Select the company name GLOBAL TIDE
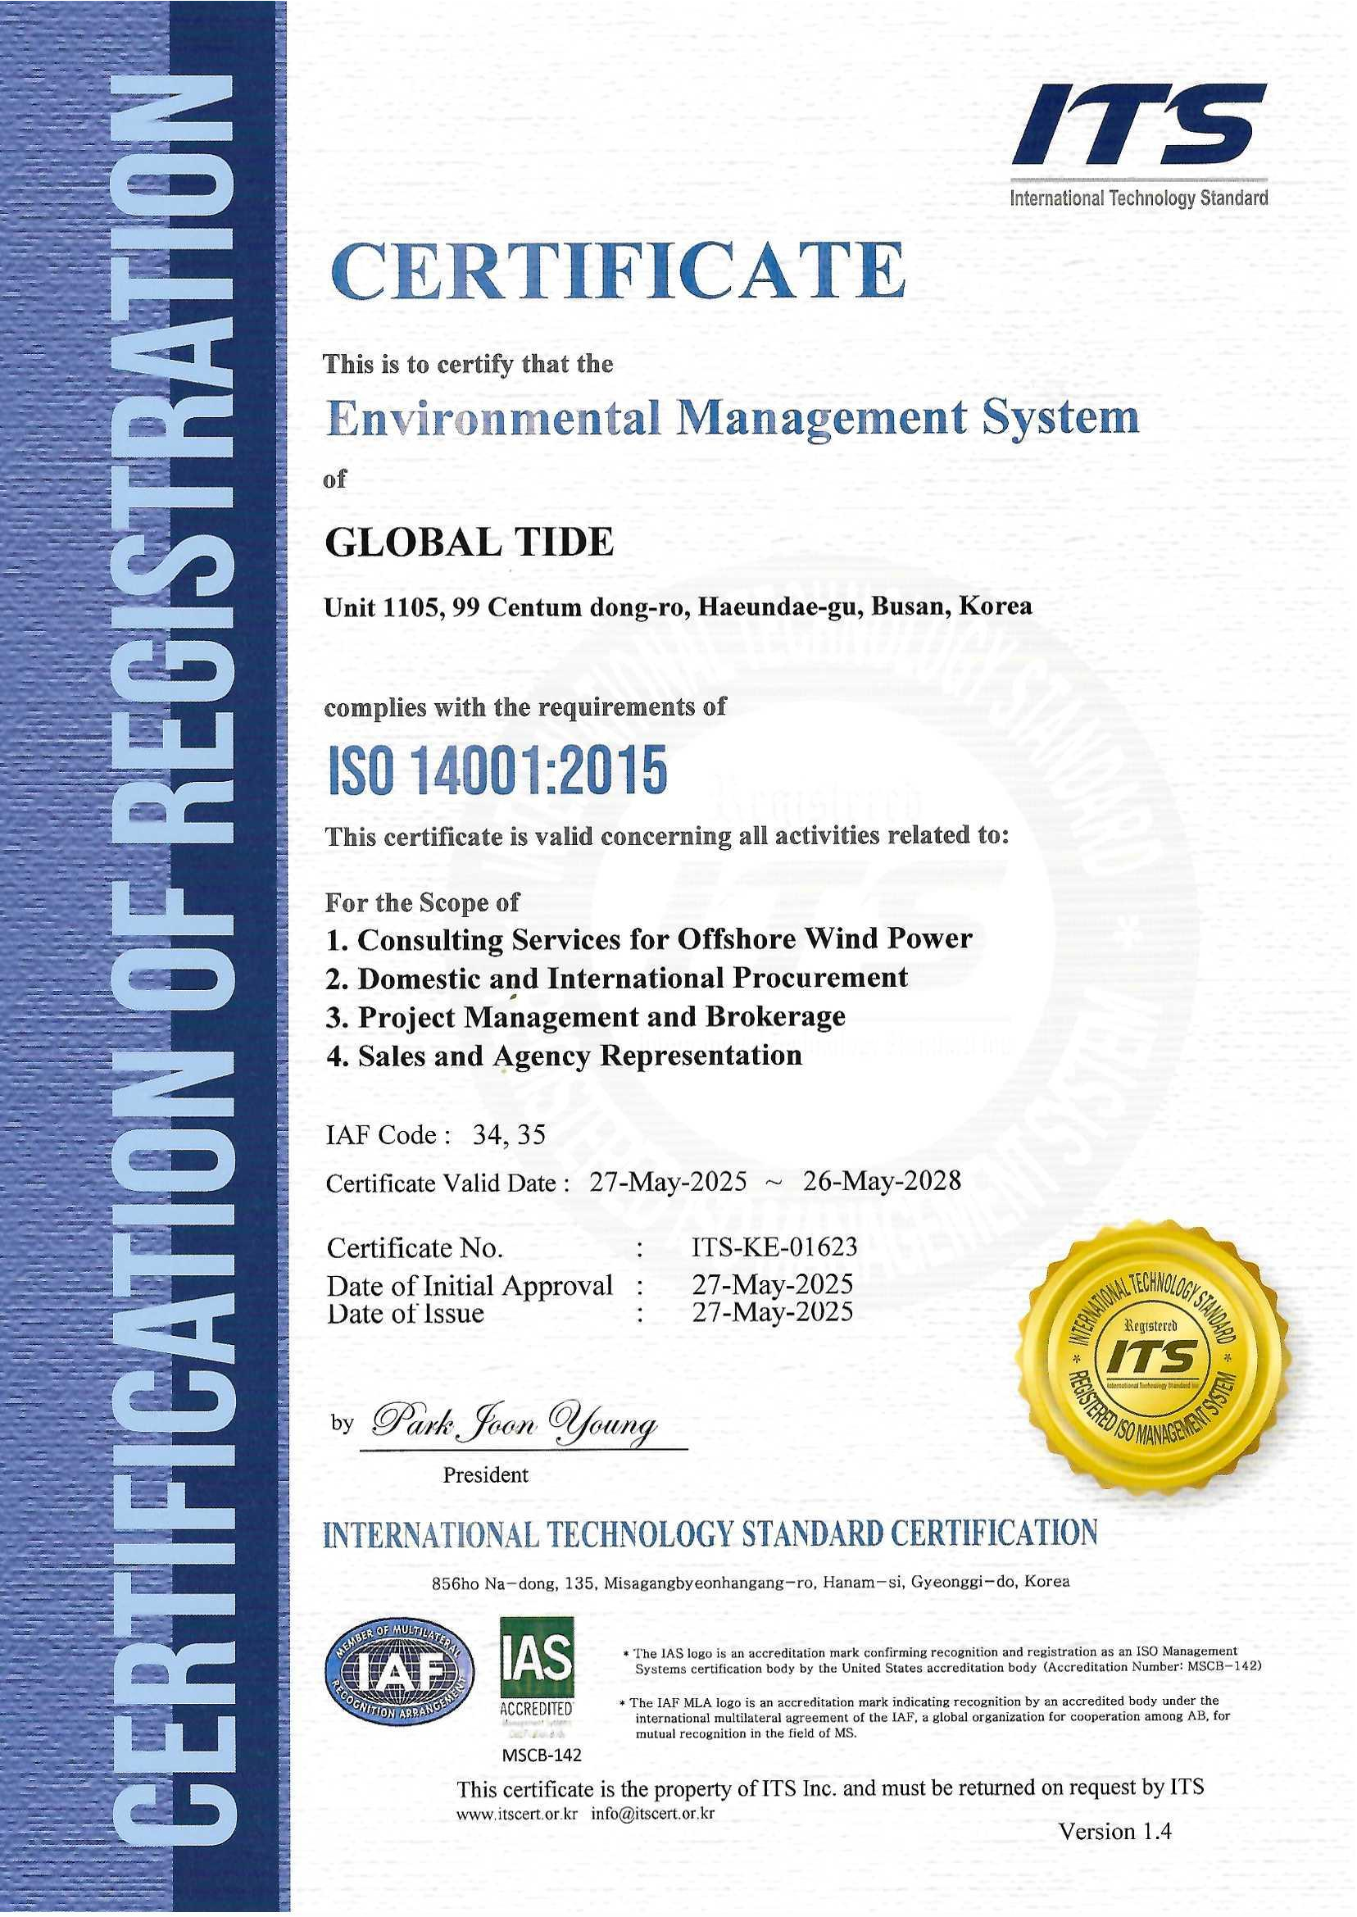click(x=469, y=543)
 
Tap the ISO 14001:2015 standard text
click(x=496, y=771)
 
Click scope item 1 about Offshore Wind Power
click(x=648, y=938)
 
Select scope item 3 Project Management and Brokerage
click(x=585, y=1017)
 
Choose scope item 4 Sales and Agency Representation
click(x=563, y=1056)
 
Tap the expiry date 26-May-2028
click(x=882, y=1181)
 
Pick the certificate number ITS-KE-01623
click(x=774, y=1247)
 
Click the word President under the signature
click(x=485, y=1475)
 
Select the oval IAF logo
click(x=399, y=1672)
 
